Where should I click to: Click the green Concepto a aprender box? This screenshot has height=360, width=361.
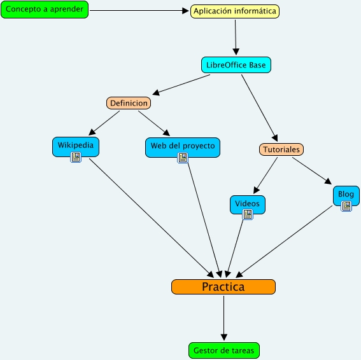[x=45, y=10]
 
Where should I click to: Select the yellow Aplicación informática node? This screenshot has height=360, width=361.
[x=235, y=11]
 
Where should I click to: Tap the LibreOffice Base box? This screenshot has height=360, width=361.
[x=236, y=65]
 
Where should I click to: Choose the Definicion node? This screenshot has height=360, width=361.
[x=129, y=103]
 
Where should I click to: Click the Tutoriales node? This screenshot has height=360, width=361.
[x=281, y=149]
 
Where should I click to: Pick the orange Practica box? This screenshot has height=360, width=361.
[x=223, y=287]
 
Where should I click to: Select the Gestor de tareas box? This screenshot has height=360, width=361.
[x=224, y=350]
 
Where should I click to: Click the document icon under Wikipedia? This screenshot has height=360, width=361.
[x=76, y=157]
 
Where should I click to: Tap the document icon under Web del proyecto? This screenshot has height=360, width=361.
[x=183, y=158]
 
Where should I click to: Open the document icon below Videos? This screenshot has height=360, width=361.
[x=248, y=214]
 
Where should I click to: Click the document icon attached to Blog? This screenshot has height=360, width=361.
[x=346, y=206]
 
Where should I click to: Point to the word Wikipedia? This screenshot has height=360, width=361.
[x=76, y=145]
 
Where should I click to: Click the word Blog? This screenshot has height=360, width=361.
[x=346, y=195]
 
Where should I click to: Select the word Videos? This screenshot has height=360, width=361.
[x=247, y=204]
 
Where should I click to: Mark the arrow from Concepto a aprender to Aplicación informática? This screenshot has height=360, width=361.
[x=139, y=10]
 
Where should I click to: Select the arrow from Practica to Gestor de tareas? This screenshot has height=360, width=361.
[x=223, y=318]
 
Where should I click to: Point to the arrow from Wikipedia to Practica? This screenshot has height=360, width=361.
[x=152, y=218]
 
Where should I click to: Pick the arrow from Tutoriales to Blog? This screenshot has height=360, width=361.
[x=312, y=171]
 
